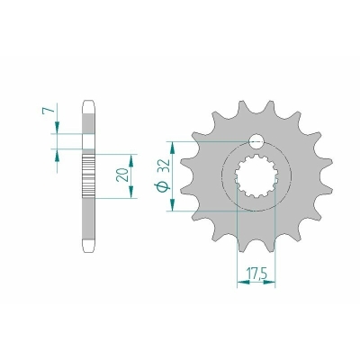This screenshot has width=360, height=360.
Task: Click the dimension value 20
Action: point(122,175)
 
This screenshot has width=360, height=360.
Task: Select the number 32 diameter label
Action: point(165,166)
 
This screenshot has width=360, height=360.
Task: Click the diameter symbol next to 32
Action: point(162,186)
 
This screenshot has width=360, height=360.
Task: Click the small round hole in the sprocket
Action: point(256,141)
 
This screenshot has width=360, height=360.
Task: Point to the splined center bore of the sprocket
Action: point(256,175)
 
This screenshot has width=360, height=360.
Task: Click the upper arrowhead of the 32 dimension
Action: point(172,148)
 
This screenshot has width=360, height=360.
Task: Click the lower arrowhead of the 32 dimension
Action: point(172,204)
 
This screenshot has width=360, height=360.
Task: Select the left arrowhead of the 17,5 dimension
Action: point(243,283)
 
